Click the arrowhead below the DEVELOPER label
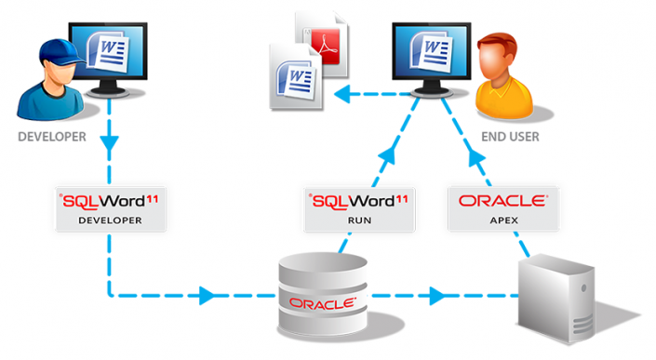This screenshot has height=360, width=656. click(x=110, y=146)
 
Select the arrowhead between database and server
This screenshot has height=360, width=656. click(x=435, y=299)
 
